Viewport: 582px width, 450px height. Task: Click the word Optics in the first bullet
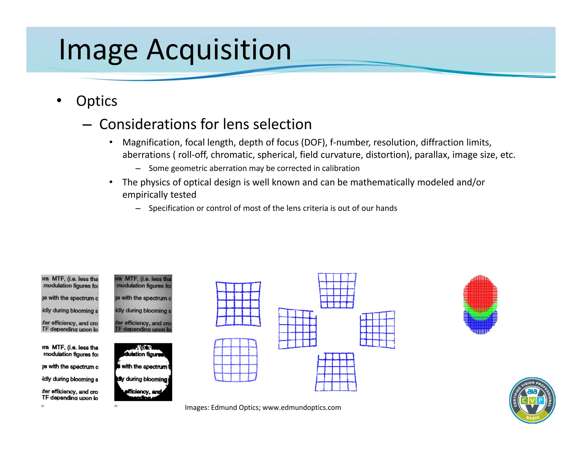point(97,101)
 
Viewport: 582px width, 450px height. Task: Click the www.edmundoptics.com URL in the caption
point(302,408)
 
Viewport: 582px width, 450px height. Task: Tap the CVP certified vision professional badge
point(532,400)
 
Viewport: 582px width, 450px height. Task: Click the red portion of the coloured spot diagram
point(480,290)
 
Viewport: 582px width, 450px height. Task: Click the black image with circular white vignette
point(143,372)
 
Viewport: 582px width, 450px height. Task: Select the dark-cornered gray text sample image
point(143,304)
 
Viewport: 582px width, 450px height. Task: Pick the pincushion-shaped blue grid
point(238,304)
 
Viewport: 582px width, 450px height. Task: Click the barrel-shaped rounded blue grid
point(235,360)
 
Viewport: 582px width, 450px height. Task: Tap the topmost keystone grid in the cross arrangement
point(337,290)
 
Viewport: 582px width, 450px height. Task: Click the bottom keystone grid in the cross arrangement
point(336,372)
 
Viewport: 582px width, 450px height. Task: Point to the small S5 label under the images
point(43,406)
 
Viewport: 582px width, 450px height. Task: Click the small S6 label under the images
point(116,406)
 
